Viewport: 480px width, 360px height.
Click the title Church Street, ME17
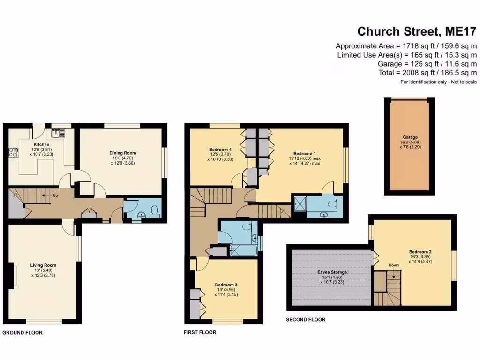(417, 31)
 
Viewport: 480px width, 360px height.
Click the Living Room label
(43, 265)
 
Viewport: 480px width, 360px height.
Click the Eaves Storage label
(331, 272)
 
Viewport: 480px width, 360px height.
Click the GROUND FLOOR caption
(22, 333)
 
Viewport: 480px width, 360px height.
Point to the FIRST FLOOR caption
(200, 332)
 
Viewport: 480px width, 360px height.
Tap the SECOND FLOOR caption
(306, 320)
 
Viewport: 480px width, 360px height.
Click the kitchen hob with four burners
(13, 152)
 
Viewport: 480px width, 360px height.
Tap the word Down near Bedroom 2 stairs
(394, 265)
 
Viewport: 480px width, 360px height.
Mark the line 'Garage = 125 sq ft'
(427, 64)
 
